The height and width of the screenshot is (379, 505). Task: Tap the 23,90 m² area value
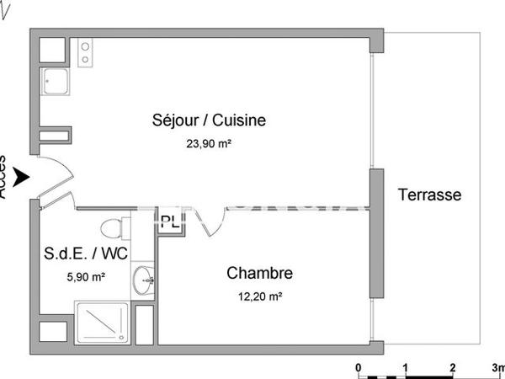[209, 144]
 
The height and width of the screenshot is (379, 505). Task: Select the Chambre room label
[259, 273]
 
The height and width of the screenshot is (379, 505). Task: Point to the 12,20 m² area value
[259, 296]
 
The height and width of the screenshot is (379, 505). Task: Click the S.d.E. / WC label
[87, 254]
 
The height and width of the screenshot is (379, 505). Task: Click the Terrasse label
[429, 195]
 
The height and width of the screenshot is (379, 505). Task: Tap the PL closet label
[169, 223]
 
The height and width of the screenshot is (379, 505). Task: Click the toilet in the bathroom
[112, 228]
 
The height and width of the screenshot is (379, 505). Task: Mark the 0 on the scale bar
[359, 368]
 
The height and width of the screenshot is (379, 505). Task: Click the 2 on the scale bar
[453, 368]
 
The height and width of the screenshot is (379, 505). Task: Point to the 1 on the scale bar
[406, 368]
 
